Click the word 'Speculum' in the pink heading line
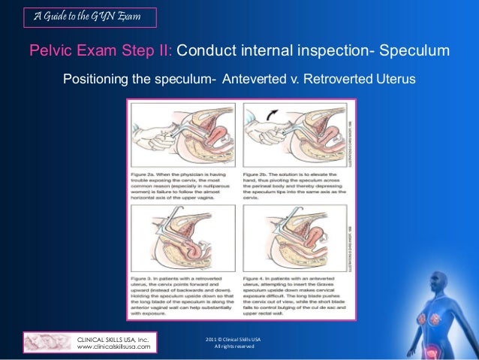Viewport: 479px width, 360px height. pyautogui.click(x=414, y=51)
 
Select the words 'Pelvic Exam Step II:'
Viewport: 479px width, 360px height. pyautogui.click(x=101, y=51)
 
